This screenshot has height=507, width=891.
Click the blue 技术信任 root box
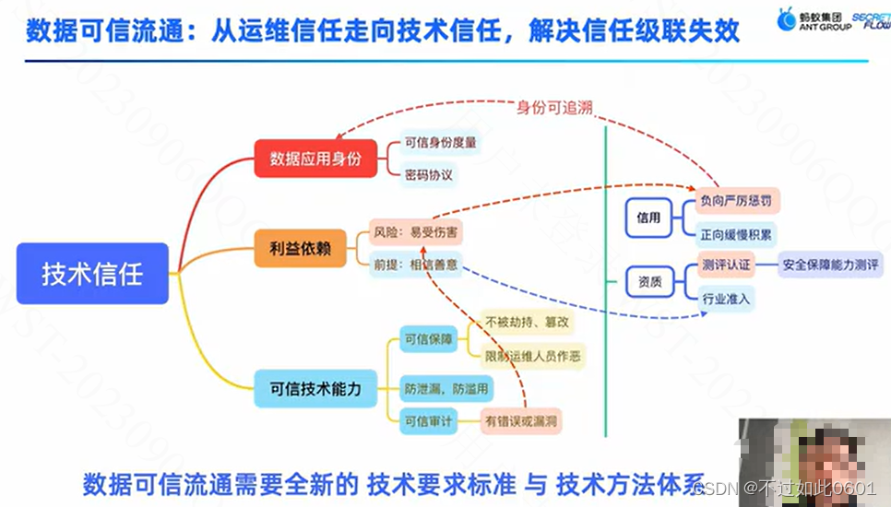tap(92, 274)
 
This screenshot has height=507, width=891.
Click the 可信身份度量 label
tap(440, 143)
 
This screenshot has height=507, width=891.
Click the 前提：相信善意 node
tap(414, 265)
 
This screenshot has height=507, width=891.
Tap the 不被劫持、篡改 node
tap(528, 322)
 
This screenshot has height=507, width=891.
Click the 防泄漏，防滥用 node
tap(445, 388)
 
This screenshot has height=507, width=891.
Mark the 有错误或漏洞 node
tap(522, 421)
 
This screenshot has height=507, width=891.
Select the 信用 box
tap(648, 218)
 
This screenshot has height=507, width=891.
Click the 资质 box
tap(648, 282)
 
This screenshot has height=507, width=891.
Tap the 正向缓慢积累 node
tap(736, 232)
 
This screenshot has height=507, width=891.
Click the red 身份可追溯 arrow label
tap(554, 107)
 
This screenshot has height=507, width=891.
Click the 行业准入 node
tap(726, 299)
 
